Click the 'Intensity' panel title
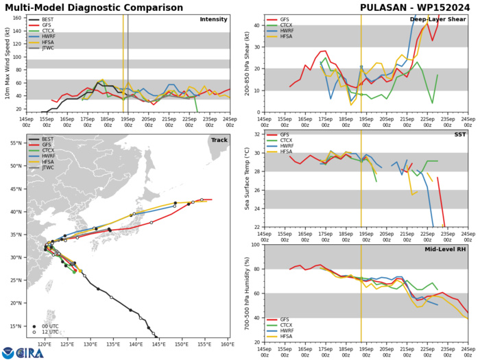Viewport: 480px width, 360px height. click(x=213, y=19)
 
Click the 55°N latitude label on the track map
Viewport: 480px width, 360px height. click(x=18, y=162)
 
